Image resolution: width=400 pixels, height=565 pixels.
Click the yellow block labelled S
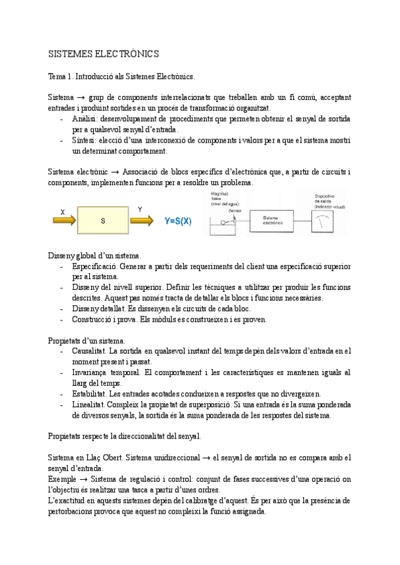(x=103, y=221)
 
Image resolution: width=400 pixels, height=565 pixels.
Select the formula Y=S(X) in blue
(x=169, y=221)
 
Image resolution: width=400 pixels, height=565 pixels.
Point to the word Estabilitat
(x=89, y=394)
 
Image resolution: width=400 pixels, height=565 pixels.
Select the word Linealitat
(x=89, y=404)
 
